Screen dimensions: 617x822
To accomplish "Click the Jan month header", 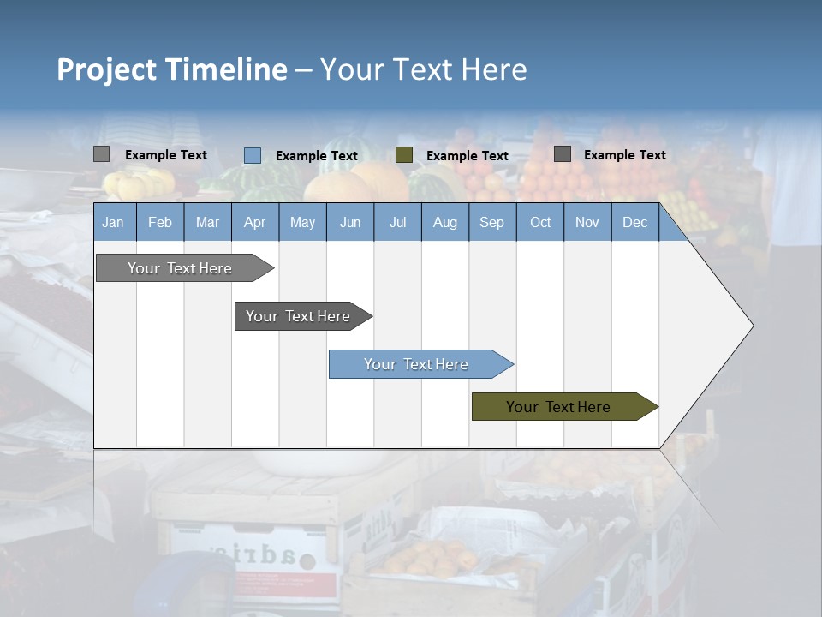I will [x=114, y=222].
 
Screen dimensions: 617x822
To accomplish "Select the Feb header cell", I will [x=160, y=222].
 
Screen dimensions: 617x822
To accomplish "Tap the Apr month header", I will [x=255, y=222].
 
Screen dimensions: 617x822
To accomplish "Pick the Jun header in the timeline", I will [x=350, y=222].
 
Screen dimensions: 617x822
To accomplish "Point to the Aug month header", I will [x=445, y=222].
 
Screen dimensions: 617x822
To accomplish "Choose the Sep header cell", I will [x=492, y=222].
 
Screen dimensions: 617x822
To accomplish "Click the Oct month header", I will [x=540, y=222].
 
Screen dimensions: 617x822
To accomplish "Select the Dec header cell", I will [x=635, y=222].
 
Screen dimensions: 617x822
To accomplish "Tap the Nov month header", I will [x=587, y=222].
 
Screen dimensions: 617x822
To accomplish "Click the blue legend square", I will [x=253, y=155].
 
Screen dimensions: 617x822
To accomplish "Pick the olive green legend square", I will [x=404, y=155].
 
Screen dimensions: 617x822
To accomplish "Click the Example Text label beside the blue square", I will [x=317, y=156].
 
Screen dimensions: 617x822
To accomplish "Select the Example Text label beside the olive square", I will [x=468, y=156].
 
